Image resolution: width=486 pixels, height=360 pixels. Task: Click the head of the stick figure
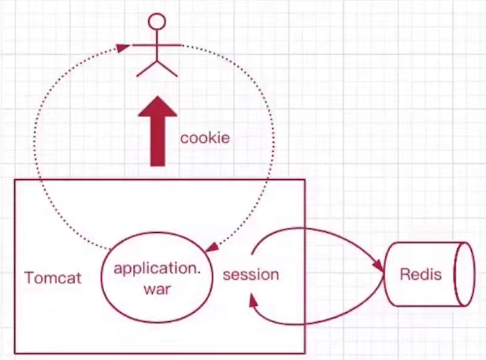coord(157,20)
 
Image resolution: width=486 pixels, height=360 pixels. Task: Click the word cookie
coord(205,138)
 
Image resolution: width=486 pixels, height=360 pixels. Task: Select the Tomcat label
coord(53,278)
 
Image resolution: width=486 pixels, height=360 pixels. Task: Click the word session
coord(250,274)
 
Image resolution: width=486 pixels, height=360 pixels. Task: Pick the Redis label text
coord(421,274)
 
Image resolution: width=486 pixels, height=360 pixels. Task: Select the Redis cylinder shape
coord(429,274)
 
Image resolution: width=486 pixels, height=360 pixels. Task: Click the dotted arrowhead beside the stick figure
coord(124,47)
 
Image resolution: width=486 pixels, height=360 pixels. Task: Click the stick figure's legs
coord(157,68)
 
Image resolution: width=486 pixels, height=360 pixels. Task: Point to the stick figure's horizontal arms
coord(157,47)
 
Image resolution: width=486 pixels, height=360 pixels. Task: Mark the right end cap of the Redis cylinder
coord(465,274)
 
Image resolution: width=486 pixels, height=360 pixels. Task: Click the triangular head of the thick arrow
coord(158,109)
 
